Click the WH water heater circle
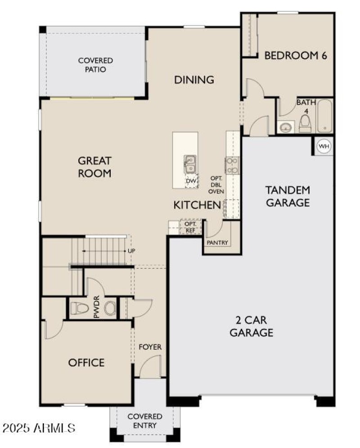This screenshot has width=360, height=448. coord(323,146)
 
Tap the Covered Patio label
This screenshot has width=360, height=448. coord(95,65)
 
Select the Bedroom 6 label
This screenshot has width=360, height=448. coord(295,56)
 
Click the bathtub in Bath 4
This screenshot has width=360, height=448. coord(324,116)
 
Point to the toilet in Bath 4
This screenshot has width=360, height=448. coord(305,123)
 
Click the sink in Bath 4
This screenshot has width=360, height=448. coord(286,127)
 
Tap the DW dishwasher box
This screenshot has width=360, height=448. coord(191,181)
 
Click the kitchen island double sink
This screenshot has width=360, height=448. coord(190,164)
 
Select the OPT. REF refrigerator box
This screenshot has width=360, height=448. coord(191,227)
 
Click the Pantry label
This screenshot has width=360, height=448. coord(217,243)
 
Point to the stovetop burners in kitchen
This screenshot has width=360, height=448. coord(233,166)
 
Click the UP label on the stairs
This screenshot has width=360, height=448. coord(131,251)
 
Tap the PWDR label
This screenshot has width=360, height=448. coord(96,309)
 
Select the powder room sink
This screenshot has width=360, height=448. coord(109,309)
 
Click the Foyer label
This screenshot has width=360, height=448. coord(150,347)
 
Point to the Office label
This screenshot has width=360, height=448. coord(86,363)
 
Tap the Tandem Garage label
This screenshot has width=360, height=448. coord(288,196)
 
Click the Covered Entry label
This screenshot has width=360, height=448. coord(145,421)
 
